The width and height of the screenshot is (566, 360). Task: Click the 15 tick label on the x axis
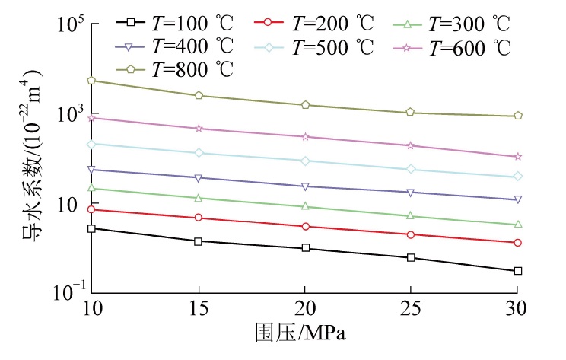(x=199, y=310)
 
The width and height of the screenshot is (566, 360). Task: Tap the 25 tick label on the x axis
(x=411, y=310)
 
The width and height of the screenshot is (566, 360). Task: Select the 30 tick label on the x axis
(x=517, y=310)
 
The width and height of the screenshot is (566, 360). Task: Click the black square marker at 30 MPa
(x=517, y=271)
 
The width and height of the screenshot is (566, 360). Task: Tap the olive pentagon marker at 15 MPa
(x=199, y=95)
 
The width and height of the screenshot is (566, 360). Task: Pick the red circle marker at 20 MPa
(x=305, y=227)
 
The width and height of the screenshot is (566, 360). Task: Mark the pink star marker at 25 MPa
(x=411, y=145)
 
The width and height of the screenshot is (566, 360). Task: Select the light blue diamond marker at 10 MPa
(x=92, y=144)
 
